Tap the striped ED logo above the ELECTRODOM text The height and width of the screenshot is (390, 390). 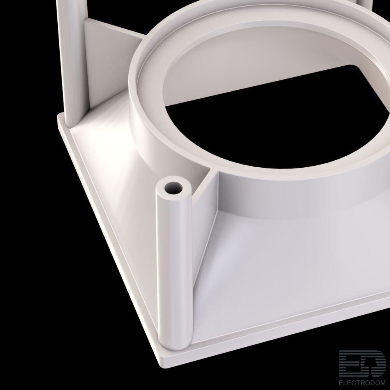(362, 363)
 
